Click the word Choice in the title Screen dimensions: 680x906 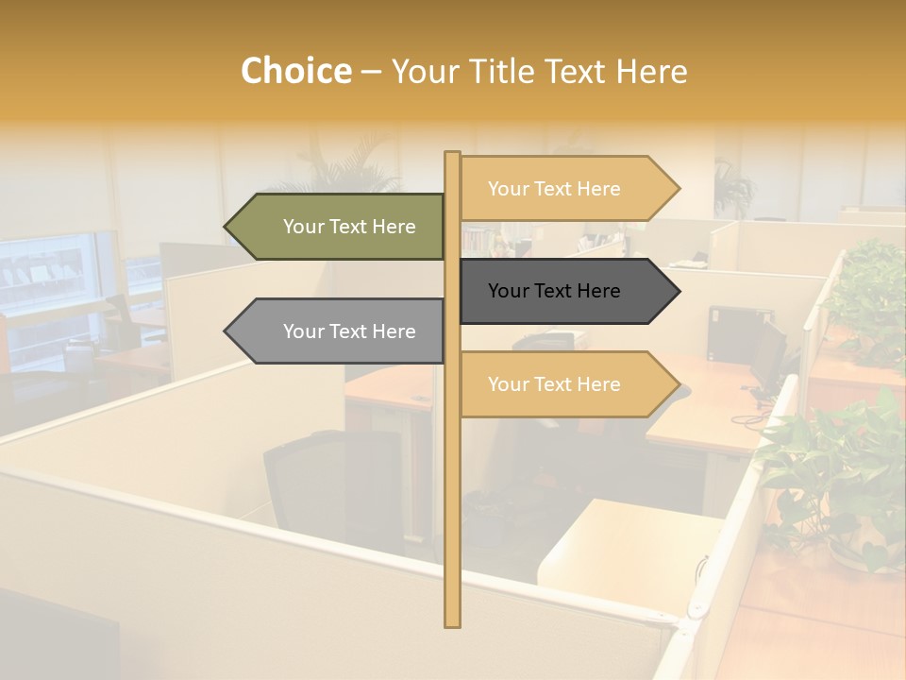pos(295,72)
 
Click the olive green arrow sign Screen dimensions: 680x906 pos(335,227)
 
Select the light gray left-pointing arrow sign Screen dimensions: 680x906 pos(335,331)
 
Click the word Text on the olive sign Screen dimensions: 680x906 pos(348,227)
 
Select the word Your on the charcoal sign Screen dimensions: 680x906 pos(509,291)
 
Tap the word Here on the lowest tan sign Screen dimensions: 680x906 pos(598,384)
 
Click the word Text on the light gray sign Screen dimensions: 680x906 pos(348,331)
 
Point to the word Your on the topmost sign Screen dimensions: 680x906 pos(509,189)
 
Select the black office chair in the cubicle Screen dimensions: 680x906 pos(335,491)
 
